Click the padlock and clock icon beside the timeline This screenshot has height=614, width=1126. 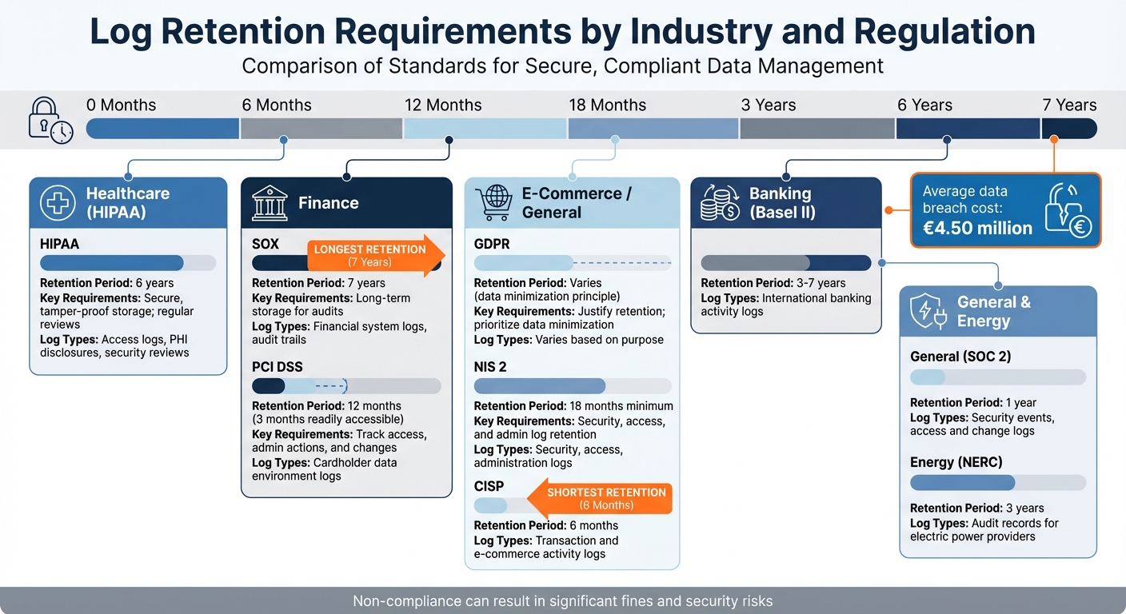point(50,121)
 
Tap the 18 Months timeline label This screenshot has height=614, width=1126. point(607,106)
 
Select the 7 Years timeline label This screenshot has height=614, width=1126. point(1069,106)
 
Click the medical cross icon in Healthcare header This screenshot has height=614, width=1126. point(58,203)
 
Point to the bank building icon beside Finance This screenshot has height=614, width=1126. point(270,203)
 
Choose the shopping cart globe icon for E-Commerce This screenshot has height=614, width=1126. point(493,203)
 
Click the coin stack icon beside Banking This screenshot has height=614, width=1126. point(719,203)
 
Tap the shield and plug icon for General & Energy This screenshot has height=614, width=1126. point(928,312)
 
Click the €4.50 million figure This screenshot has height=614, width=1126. point(977,228)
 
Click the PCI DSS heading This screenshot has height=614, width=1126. point(277,367)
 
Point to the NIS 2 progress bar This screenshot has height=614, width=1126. point(573,386)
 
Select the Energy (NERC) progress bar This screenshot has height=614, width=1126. point(998,482)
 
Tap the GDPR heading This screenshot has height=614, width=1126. point(492,244)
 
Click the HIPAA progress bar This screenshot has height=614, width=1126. point(128,263)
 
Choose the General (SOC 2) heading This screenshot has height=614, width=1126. point(960,357)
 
